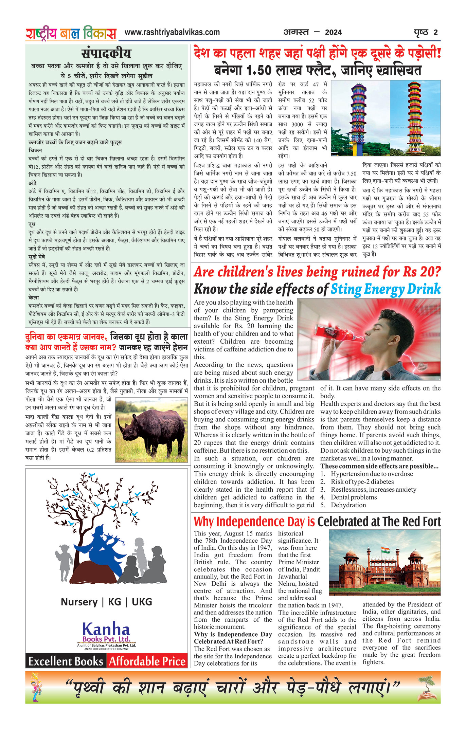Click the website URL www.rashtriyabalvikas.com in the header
[x=172, y=33]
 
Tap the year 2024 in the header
[x=333, y=33]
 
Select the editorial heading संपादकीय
[x=106, y=54]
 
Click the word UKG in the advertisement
[x=142, y=602]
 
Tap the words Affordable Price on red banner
[x=147, y=661]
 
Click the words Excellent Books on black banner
[x=66, y=661]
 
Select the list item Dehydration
[x=348, y=505]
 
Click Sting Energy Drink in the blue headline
[x=386, y=289]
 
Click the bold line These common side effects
[x=379, y=466]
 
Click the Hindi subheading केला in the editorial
[x=34, y=297]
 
